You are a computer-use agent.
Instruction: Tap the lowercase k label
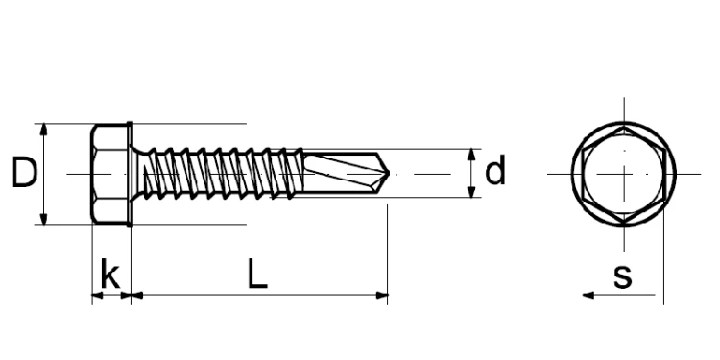110,276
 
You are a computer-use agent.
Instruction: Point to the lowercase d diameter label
495,173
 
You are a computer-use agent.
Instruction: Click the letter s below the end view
622,276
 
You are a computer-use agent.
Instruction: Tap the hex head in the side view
108,174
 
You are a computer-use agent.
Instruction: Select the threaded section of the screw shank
221,174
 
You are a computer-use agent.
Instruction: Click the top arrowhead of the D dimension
43,129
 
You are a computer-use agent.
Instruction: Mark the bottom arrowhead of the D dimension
43,219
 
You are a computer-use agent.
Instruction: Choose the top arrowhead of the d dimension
472,155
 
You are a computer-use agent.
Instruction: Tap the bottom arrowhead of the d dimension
472,193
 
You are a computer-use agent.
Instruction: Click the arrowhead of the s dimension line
588,296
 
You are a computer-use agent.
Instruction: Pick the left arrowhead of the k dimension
96,296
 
